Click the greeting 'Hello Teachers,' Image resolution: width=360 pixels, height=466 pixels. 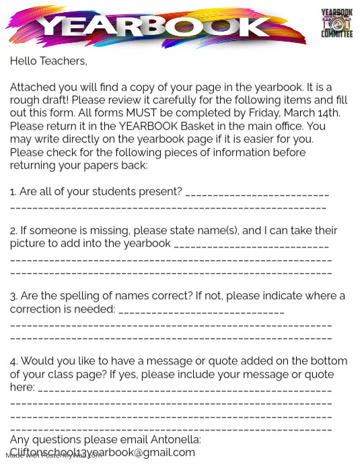(48, 61)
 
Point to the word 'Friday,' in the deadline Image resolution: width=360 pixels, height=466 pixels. (271, 112)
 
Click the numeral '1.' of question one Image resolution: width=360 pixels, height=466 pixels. (13, 192)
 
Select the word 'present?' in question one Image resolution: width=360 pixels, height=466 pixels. (160, 192)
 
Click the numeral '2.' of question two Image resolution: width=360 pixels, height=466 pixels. (13, 231)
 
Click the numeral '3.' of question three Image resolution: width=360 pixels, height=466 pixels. (13, 296)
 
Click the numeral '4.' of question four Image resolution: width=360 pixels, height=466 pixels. (14, 361)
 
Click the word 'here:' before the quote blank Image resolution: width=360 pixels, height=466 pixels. (22, 387)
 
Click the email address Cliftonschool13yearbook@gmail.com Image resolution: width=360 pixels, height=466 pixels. (102, 453)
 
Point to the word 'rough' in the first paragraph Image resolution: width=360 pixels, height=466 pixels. (24, 100)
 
